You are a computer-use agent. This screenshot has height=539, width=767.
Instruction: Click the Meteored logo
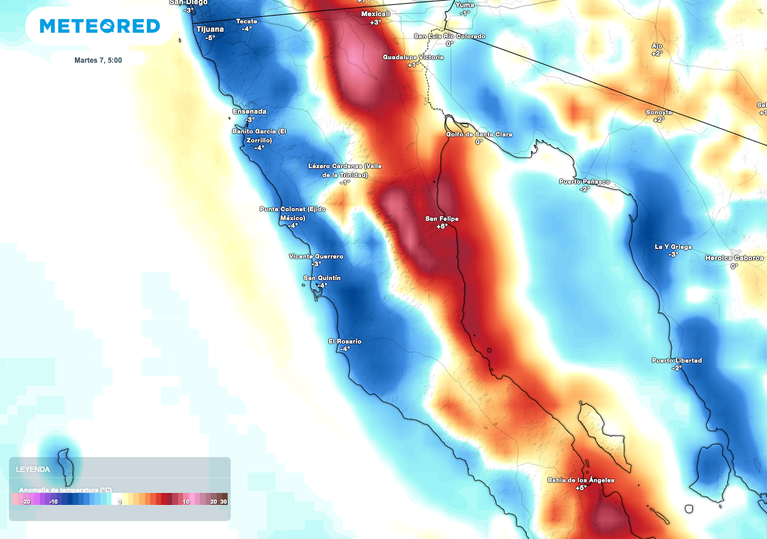(100, 26)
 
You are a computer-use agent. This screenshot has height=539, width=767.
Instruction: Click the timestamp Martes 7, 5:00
(98, 60)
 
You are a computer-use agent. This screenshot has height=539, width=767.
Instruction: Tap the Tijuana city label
(210, 29)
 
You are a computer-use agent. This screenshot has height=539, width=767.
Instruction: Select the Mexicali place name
(376, 14)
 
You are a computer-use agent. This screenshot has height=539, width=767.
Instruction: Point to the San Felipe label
(442, 219)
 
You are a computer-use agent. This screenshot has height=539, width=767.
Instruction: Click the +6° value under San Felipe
(442, 227)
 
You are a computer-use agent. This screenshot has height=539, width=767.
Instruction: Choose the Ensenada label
(249, 111)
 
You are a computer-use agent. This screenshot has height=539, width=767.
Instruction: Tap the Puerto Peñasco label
(584, 181)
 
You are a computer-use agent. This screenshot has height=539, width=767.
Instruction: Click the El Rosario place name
(345, 341)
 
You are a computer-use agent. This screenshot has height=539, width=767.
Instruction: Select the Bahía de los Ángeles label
(581, 480)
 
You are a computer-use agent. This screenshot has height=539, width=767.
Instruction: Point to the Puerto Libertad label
(677, 361)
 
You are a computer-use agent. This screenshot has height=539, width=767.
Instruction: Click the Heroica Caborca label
(734, 258)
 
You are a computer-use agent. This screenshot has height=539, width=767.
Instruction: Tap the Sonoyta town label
(659, 113)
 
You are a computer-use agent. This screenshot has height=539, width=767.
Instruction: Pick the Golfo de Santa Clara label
(479, 134)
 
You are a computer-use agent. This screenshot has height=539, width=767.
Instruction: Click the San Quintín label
(322, 278)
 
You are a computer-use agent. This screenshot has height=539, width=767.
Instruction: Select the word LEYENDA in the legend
(33, 470)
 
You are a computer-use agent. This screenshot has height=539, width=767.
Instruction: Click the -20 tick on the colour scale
(26, 502)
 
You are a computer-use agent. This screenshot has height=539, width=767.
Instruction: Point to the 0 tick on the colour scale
(120, 502)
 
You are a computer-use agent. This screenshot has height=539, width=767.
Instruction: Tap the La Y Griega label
(673, 247)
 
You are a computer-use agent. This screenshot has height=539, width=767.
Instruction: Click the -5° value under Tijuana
(210, 38)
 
